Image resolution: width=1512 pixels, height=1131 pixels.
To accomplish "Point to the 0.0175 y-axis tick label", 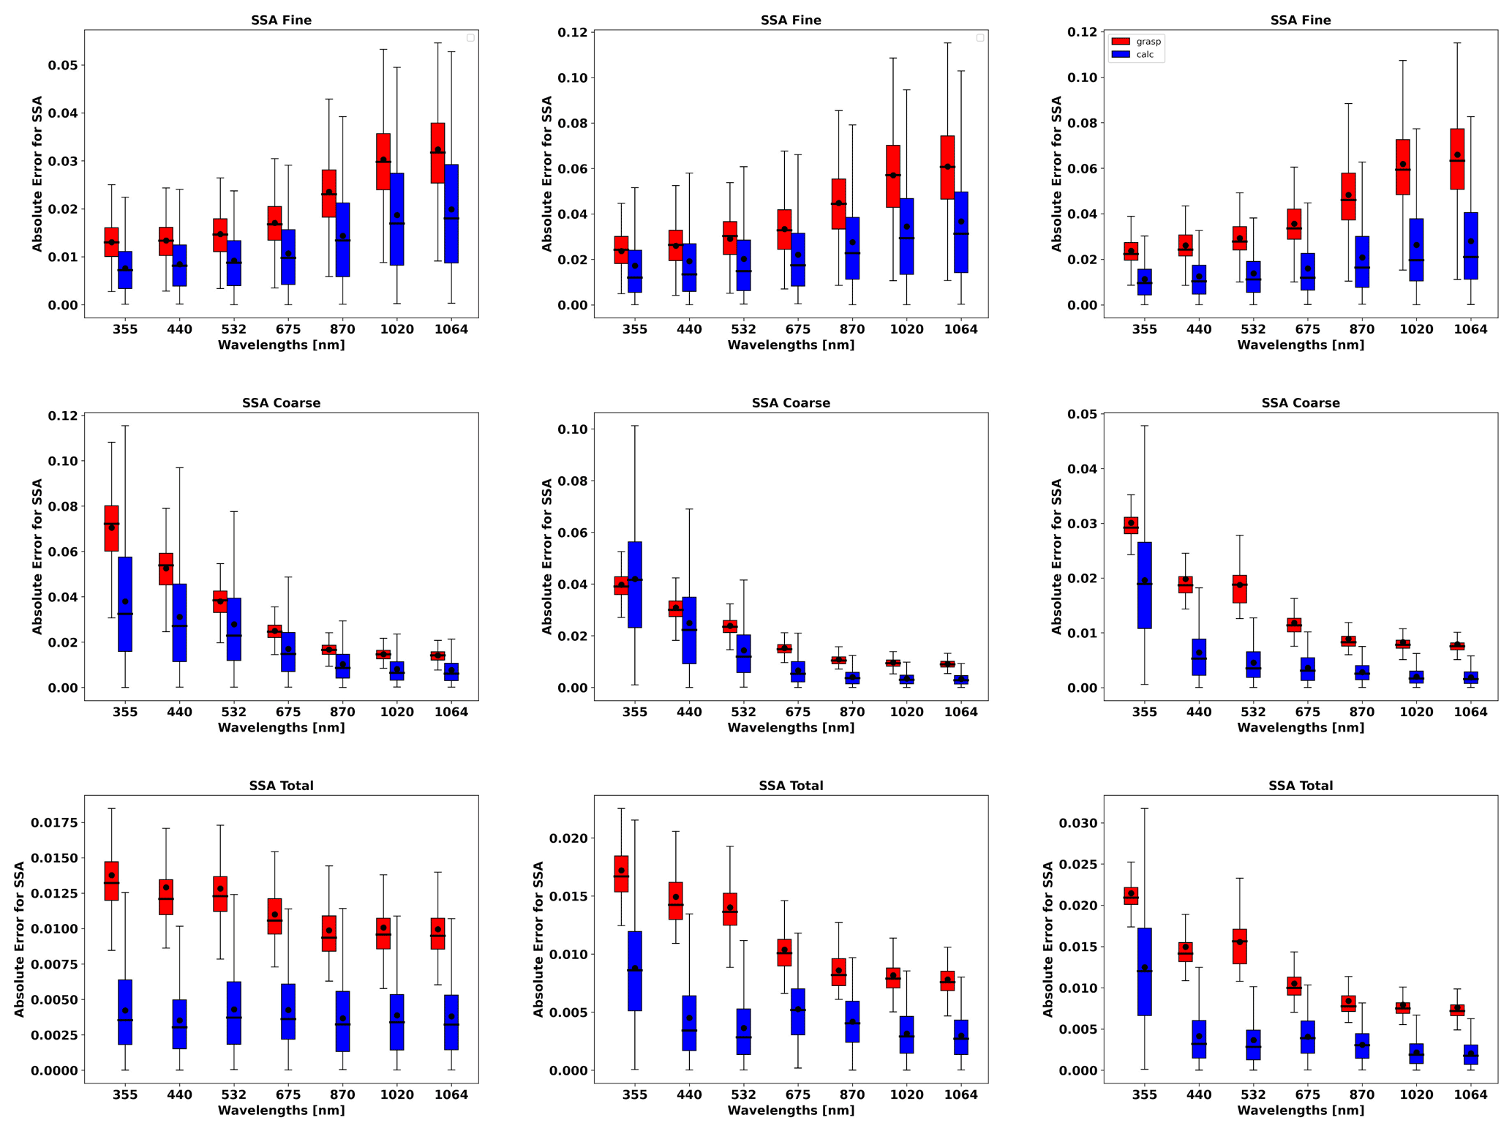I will tap(54, 823).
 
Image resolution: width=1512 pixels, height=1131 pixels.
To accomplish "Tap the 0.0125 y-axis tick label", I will tap(54, 894).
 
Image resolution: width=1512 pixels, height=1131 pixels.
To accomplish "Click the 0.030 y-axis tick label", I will tap(1079, 823).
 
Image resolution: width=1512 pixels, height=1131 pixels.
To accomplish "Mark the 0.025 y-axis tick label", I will tap(1079, 865).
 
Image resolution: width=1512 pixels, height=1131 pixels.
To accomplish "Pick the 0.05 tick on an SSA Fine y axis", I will tap(63, 66).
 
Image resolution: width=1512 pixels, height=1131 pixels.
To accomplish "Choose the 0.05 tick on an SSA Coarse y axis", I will tap(1083, 414).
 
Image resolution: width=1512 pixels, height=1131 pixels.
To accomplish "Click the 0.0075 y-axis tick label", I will tap(54, 964).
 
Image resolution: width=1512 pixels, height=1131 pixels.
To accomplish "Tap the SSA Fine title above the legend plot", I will tap(1300, 20).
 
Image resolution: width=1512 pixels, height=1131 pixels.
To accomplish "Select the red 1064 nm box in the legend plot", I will tap(1456, 159).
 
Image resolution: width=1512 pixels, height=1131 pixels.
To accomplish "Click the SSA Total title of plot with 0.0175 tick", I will tap(281, 786).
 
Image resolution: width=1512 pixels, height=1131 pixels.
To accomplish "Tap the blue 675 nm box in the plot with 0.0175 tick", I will tap(288, 1011).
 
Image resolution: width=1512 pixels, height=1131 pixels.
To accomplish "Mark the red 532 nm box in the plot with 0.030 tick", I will tap(1239, 946).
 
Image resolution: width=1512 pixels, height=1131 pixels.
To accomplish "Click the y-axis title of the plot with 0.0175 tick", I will tap(20, 939).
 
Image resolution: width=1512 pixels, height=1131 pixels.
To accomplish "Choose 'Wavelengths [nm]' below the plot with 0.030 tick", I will tap(1300, 1111).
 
